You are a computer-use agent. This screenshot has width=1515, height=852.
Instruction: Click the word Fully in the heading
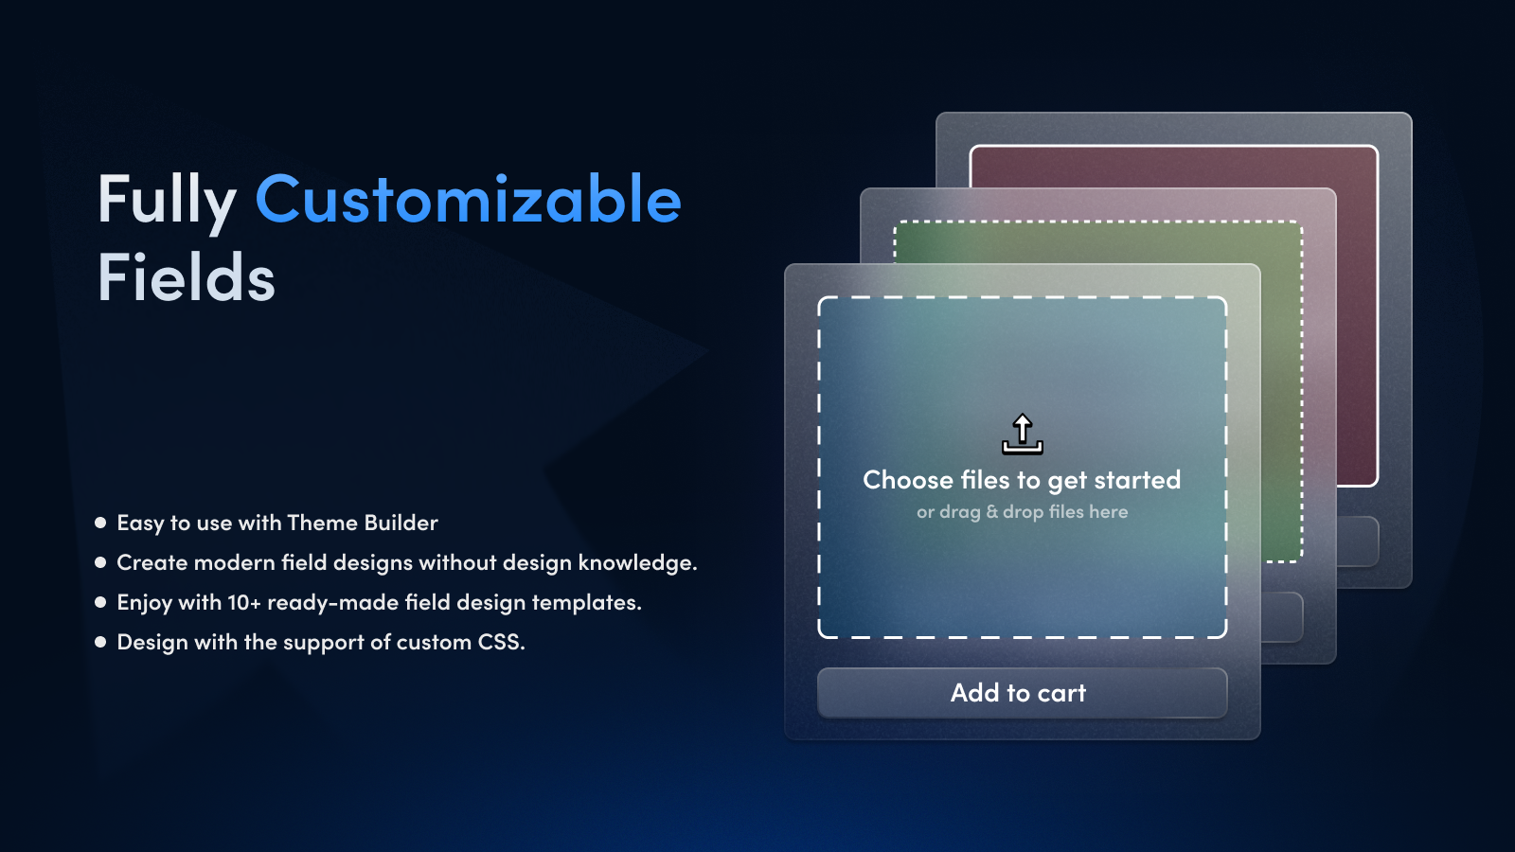(x=167, y=201)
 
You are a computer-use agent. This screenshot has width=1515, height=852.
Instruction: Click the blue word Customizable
(x=468, y=201)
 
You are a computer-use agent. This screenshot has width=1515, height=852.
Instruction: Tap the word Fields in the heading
(x=187, y=278)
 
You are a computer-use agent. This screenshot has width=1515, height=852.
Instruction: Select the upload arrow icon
(x=1023, y=435)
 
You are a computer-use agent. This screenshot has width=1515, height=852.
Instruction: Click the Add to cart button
(x=1022, y=693)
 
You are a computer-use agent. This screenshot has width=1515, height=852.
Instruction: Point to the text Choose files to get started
(x=1022, y=480)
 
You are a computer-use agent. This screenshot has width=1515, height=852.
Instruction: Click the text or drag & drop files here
(x=1022, y=512)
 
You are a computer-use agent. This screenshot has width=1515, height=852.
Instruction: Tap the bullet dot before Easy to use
(x=100, y=523)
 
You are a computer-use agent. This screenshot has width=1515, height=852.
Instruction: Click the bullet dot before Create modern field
(x=100, y=562)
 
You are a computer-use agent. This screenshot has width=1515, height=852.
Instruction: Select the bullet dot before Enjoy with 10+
(x=100, y=602)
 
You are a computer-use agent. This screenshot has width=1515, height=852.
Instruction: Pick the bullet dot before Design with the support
(x=100, y=642)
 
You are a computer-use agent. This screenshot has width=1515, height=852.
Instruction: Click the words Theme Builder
(x=362, y=523)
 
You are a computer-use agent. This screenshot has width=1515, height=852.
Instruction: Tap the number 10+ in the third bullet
(x=244, y=603)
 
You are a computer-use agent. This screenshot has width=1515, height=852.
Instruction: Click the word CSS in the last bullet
(x=499, y=642)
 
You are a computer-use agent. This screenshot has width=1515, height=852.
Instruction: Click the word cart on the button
(x=1061, y=694)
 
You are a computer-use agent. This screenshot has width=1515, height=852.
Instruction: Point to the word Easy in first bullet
(x=140, y=524)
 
